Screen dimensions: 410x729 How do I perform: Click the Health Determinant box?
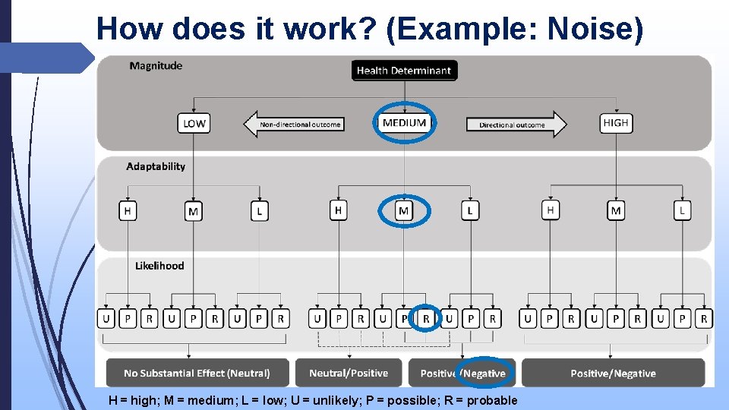[x=404, y=71]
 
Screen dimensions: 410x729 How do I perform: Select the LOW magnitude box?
[x=194, y=123]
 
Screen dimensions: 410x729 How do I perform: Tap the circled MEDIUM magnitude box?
[x=404, y=123]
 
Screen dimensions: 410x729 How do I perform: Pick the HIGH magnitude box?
[x=615, y=123]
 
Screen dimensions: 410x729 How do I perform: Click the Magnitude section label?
[x=156, y=66]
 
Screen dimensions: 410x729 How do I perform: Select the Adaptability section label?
[x=156, y=166]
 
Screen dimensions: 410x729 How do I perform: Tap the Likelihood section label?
[x=159, y=266]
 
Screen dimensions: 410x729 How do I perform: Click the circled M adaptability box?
[x=404, y=210]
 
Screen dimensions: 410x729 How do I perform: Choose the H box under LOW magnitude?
[x=128, y=210]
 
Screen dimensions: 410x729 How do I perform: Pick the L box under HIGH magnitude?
[x=682, y=210]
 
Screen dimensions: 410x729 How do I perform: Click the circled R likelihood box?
[x=426, y=319]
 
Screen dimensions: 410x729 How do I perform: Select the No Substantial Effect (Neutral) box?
[x=197, y=373]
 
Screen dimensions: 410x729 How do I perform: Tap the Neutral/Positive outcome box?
[x=349, y=373]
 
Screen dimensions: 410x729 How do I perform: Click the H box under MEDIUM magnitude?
[x=339, y=210]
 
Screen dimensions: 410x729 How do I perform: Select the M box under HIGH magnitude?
[x=616, y=210]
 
